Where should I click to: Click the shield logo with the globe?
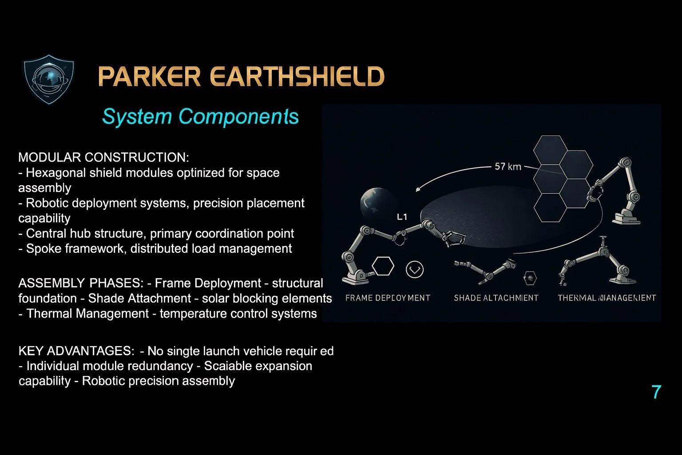(x=48, y=79)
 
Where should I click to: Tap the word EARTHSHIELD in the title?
(x=297, y=76)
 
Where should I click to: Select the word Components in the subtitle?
(x=238, y=116)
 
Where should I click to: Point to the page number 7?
(x=656, y=392)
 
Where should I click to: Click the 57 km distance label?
(x=508, y=167)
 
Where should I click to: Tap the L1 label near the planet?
(x=402, y=217)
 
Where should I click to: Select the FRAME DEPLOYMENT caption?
(x=388, y=298)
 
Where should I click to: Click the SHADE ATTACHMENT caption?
(x=496, y=298)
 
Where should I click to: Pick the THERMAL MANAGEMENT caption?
(x=607, y=298)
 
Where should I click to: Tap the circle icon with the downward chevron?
(x=415, y=269)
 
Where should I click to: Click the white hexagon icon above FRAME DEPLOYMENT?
(x=383, y=266)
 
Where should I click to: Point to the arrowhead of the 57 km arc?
(x=418, y=189)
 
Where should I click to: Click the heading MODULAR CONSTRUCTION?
(x=103, y=157)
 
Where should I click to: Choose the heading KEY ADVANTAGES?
(x=76, y=351)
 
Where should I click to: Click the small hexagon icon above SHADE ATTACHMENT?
(x=530, y=278)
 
